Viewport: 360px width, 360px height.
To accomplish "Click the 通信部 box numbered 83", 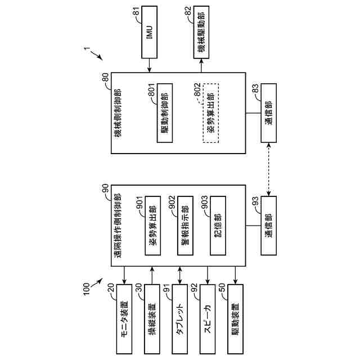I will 269,113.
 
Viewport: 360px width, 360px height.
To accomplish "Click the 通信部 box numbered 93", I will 269,226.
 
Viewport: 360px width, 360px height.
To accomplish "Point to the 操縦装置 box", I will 152,318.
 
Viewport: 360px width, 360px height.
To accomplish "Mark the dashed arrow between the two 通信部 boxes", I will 269,169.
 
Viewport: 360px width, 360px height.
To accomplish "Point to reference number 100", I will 82,289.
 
